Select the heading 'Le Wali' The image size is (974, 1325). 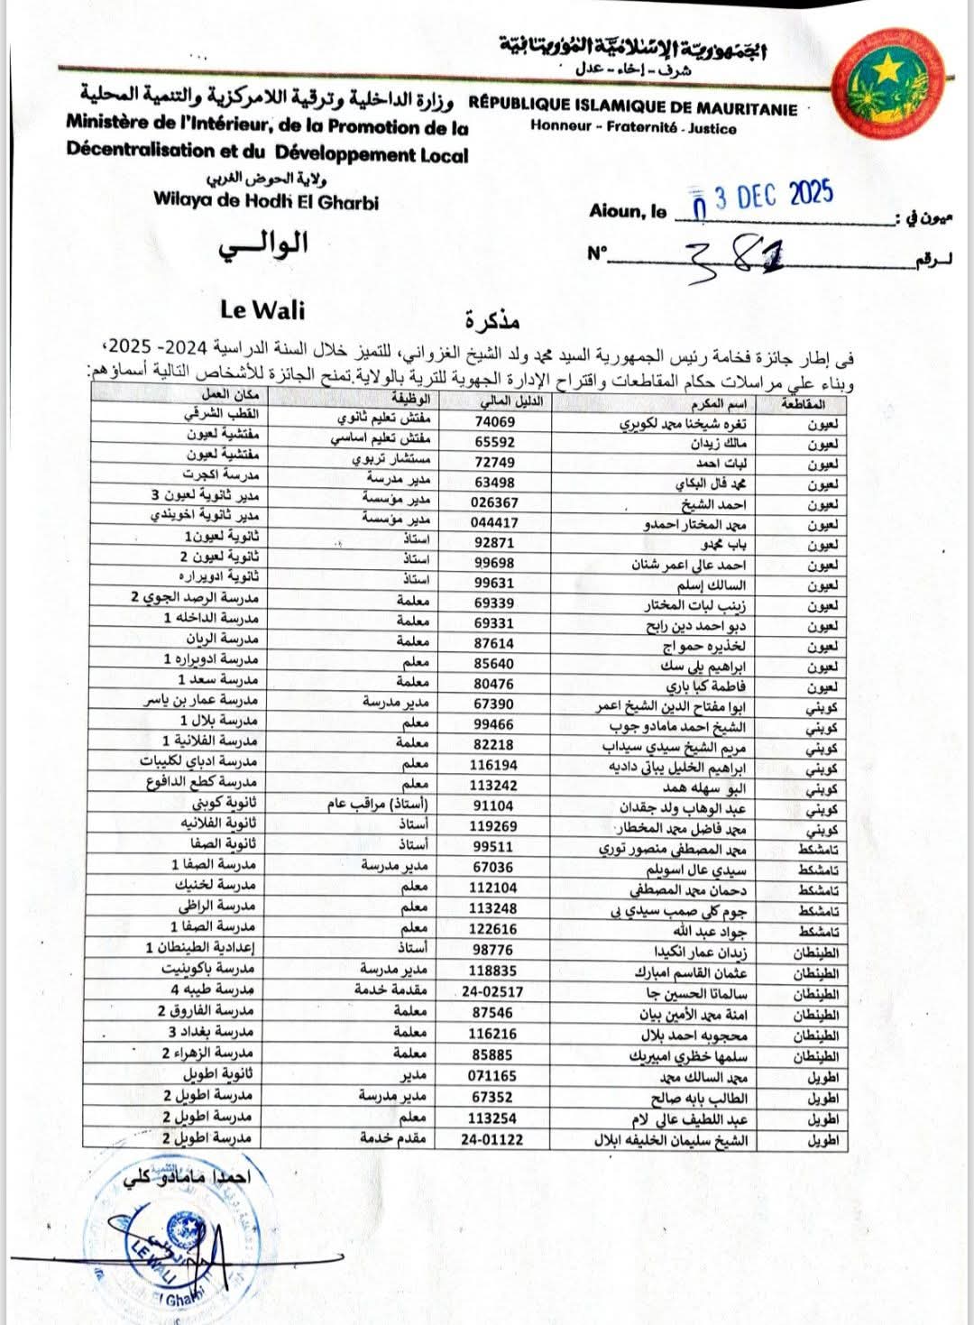tap(262, 310)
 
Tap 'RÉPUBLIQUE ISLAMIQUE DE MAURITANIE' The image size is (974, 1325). tap(633, 109)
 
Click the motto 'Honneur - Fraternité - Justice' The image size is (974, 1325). tap(633, 128)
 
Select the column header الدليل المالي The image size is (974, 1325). tap(508, 400)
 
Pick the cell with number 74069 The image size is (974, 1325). tap(495, 421)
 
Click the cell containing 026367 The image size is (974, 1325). tap(495, 502)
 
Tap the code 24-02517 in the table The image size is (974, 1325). tap(492, 992)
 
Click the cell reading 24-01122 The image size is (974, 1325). tap(492, 1139)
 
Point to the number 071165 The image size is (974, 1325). tap(493, 1076)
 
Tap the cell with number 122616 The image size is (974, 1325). tap(493, 929)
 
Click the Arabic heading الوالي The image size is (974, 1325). tap(263, 244)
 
